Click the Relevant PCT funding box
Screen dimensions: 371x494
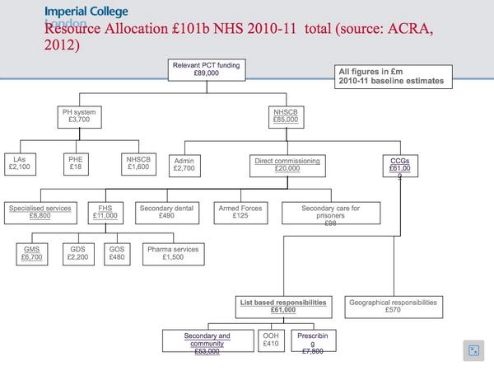tap(206, 69)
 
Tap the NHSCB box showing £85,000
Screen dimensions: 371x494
tap(286, 115)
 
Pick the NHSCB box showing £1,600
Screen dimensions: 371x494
tap(138, 163)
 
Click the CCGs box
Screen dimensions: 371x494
tap(399, 166)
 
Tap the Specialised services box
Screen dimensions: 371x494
tap(40, 212)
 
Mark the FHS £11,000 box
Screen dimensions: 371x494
tap(105, 212)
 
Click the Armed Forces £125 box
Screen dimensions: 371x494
tap(240, 212)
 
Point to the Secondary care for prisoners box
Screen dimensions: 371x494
tap(330, 214)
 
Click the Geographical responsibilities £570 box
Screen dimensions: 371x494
tap(393, 307)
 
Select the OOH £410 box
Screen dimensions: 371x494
tap(271, 340)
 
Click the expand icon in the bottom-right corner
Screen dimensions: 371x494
tap(473, 350)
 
